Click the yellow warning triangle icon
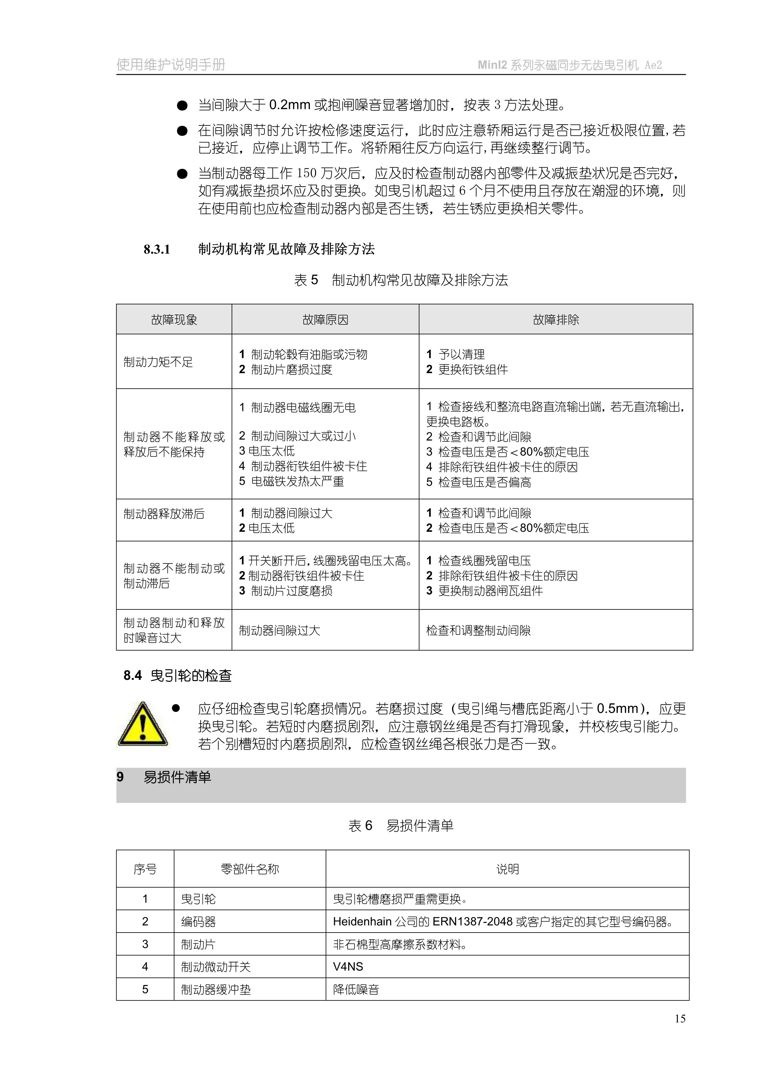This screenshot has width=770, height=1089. click(x=142, y=724)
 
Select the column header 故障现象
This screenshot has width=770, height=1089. click(x=174, y=320)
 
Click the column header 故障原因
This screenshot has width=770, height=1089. click(x=325, y=320)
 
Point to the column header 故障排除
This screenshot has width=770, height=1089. click(x=555, y=320)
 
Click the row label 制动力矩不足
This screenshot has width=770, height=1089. click(x=158, y=362)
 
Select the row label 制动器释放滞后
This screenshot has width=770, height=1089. click(x=164, y=514)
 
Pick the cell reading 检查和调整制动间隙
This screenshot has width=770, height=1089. click(x=478, y=630)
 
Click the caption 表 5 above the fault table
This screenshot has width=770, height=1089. click(x=306, y=280)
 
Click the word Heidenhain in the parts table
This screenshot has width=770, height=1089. click(x=362, y=922)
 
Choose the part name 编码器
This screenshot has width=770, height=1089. click(x=198, y=922)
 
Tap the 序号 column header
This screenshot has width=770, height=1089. click(x=145, y=869)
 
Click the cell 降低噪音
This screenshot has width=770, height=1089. click(x=356, y=989)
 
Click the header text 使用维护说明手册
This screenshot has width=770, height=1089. click(x=171, y=65)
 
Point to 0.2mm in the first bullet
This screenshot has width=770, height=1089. click(x=289, y=105)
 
